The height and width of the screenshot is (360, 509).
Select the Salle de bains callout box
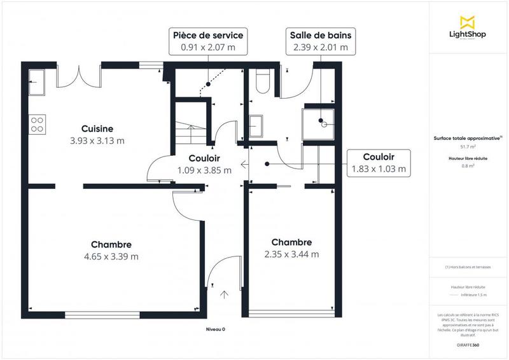click(319, 41)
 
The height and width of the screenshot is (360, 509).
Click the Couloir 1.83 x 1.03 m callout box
click(378, 163)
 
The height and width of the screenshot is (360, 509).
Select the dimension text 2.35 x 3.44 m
click(291, 254)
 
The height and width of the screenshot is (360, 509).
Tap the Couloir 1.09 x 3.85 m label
click(205, 164)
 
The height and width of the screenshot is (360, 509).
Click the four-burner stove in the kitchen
click(37, 123)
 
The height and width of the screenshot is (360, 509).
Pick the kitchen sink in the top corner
click(36, 80)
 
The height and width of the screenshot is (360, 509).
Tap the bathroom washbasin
click(258, 125)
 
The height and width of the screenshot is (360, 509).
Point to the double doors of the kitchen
click(79, 78)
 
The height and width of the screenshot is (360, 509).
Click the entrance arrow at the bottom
click(224, 294)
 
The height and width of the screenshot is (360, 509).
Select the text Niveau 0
click(215, 329)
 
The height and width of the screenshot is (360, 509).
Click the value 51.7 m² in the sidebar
click(468, 146)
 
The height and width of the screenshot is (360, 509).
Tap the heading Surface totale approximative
click(468, 138)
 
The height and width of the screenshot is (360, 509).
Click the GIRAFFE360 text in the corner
click(469, 343)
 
